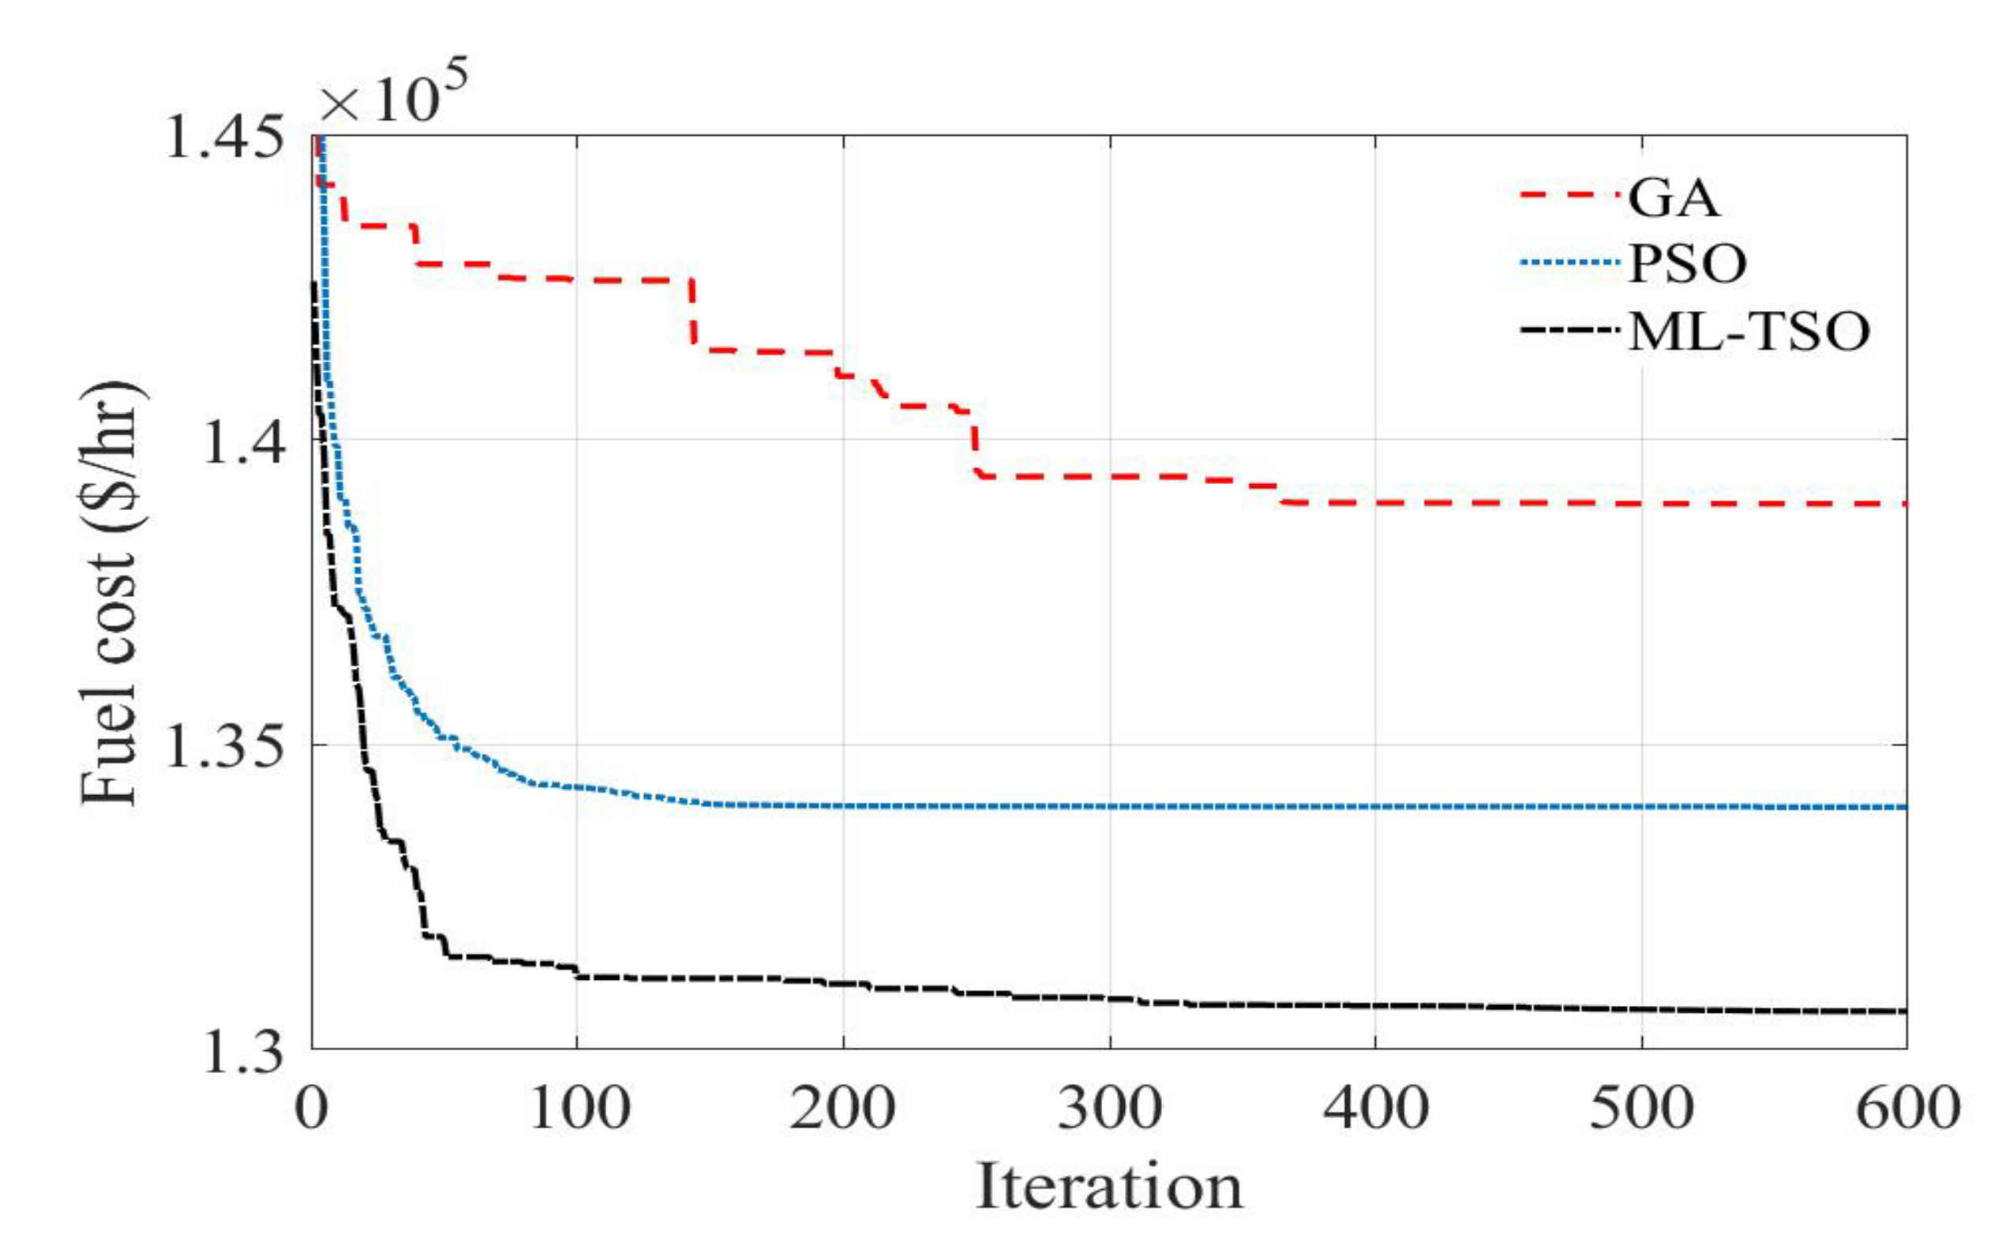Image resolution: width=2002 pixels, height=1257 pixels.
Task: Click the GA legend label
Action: click(x=1672, y=198)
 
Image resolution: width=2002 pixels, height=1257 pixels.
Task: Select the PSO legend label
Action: click(x=1686, y=265)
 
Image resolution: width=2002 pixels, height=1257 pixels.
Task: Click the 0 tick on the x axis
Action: click(x=313, y=1109)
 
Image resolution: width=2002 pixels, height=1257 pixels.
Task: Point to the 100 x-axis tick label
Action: click(x=579, y=1109)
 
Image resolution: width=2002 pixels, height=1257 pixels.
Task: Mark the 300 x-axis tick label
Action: click(x=1109, y=1109)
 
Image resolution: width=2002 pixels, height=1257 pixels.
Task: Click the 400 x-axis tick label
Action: click(x=1375, y=1109)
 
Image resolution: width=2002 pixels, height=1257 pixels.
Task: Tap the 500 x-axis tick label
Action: click(x=1641, y=1109)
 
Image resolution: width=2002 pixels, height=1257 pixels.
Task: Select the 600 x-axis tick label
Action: click(x=1908, y=1109)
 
